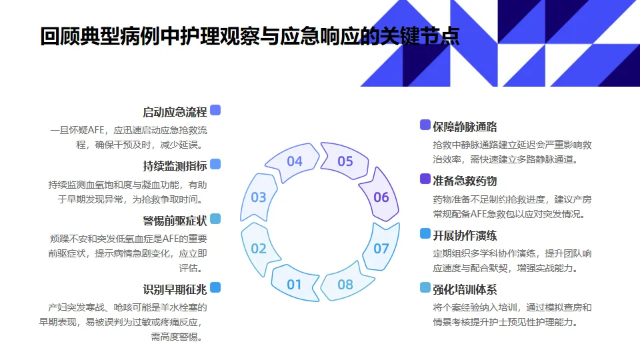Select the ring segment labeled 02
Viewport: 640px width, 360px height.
[259, 249]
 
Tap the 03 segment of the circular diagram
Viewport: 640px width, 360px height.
[259, 197]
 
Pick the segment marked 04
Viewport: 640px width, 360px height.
[295, 161]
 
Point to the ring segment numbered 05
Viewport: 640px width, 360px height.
[345, 161]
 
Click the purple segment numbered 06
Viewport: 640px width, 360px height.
[381, 197]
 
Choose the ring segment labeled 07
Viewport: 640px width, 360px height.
[381, 249]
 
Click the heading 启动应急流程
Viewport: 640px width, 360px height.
[175, 112]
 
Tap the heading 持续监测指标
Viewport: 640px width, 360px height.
[175, 166]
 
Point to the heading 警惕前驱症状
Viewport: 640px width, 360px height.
[175, 221]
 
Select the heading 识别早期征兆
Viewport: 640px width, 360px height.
[175, 289]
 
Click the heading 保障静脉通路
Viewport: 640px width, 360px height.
[465, 127]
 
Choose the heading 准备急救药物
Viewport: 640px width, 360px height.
[465, 181]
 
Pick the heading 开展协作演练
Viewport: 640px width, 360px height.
[465, 235]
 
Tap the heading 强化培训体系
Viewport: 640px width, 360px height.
[465, 289]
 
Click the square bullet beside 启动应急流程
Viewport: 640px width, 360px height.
[215, 110]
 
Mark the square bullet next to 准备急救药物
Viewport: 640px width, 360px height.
[425, 179]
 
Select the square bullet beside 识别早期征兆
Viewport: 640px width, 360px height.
[215, 287]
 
